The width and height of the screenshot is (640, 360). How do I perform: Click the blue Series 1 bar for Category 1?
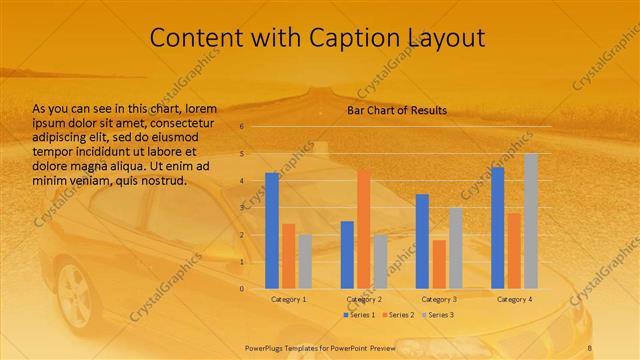click(x=272, y=231)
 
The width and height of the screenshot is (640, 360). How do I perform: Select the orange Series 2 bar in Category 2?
click(x=363, y=229)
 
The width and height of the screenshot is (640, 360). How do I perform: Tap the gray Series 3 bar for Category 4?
click(x=530, y=221)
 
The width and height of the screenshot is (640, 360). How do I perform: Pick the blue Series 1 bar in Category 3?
click(x=422, y=241)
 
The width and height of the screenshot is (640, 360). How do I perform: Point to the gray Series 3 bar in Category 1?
click(x=304, y=262)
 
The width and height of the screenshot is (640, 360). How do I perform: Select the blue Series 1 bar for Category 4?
click(x=498, y=228)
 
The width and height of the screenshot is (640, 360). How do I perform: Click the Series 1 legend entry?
click(x=359, y=315)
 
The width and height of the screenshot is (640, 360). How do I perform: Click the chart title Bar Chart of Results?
click(x=397, y=110)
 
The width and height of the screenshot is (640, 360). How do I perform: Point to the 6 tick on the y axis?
click(x=241, y=127)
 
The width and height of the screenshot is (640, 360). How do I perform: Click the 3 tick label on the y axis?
click(x=241, y=208)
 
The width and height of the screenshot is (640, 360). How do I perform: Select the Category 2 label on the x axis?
click(x=364, y=299)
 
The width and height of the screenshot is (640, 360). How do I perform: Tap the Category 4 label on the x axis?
click(x=515, y=299)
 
